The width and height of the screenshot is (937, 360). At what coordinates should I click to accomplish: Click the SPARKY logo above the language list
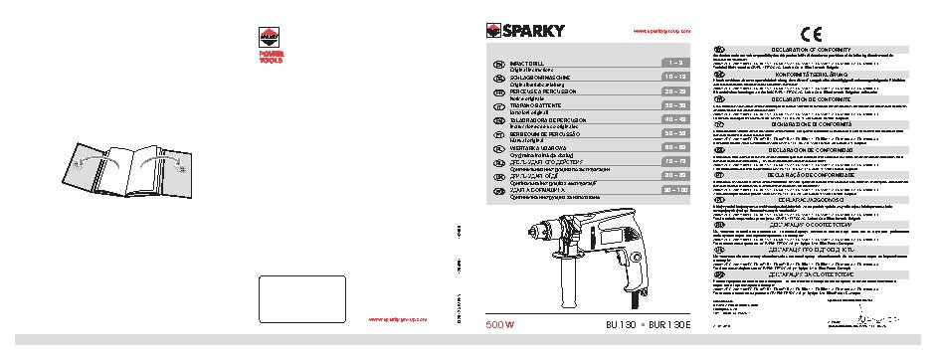[525, 31]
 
